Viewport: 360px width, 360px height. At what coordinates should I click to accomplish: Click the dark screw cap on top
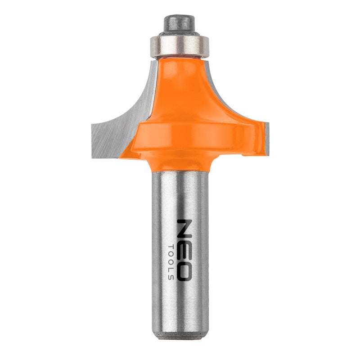[179, 24]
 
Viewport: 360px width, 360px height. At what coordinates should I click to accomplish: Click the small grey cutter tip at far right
[267, 139]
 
